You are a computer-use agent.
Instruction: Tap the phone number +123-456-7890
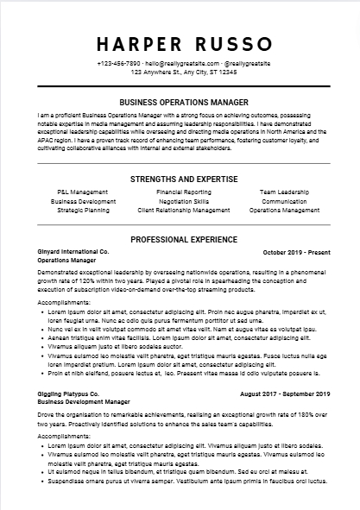pos(119,64)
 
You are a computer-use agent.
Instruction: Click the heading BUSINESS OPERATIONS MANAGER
pos(180,102)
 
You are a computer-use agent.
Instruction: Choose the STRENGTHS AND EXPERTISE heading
pos(180,179)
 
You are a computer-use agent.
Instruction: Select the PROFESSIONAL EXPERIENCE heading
pos(180,236)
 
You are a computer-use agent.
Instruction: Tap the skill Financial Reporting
pos(183,192)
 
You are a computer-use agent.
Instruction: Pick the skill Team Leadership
pos(284,192)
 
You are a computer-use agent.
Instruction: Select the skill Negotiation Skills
pos(183,200)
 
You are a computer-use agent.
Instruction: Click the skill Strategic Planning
pos(83,210)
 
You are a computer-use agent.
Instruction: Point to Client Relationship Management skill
pos(183,210)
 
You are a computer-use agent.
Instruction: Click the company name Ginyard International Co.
pos(73,250)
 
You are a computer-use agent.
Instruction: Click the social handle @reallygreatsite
pos(250,64)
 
